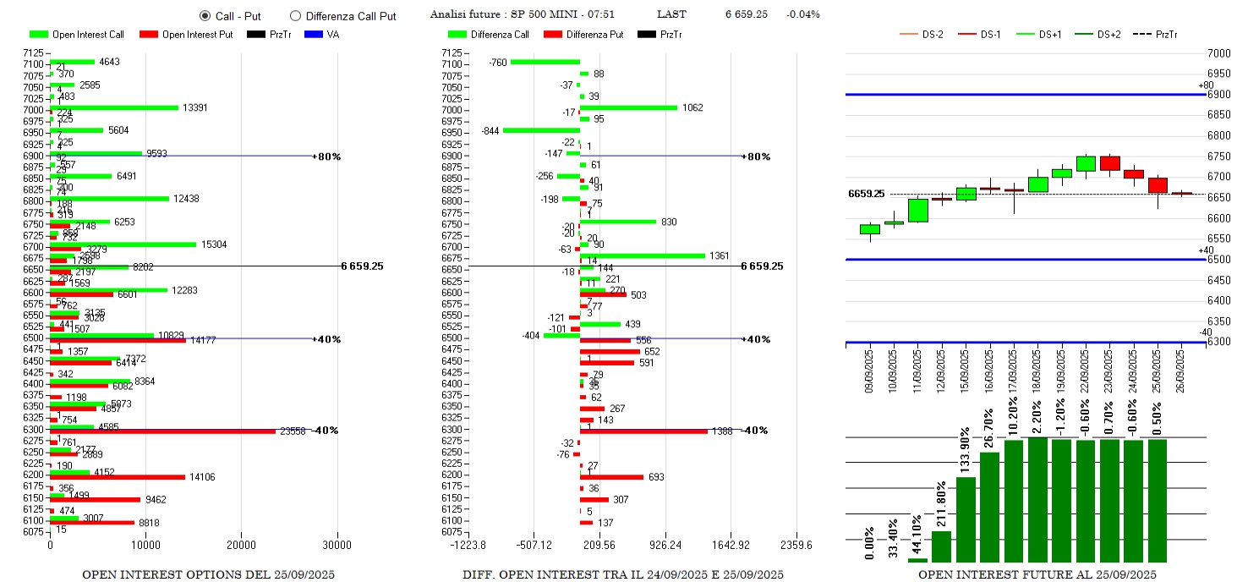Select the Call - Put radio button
[205, 15]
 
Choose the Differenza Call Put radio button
[295, 15]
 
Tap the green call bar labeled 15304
[123, 244]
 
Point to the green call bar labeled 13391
[114, 107]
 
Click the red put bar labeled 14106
[117, 477]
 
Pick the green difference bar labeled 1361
[643, 255]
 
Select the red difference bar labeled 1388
[643, 431]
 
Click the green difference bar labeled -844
[541, 130]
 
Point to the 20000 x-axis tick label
[242, 545]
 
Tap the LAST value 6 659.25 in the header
[746, 14]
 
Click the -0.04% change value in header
[802, 14]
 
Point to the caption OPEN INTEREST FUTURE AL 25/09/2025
[1037, 574]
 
